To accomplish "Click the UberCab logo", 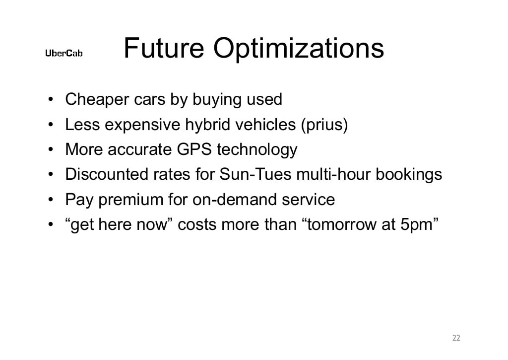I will click(64, 53).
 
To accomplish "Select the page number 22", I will click(456, 338).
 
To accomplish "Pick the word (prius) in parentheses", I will click(324, 125).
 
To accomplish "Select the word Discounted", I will click(104, 174).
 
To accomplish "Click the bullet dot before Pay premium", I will click(51, 200).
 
